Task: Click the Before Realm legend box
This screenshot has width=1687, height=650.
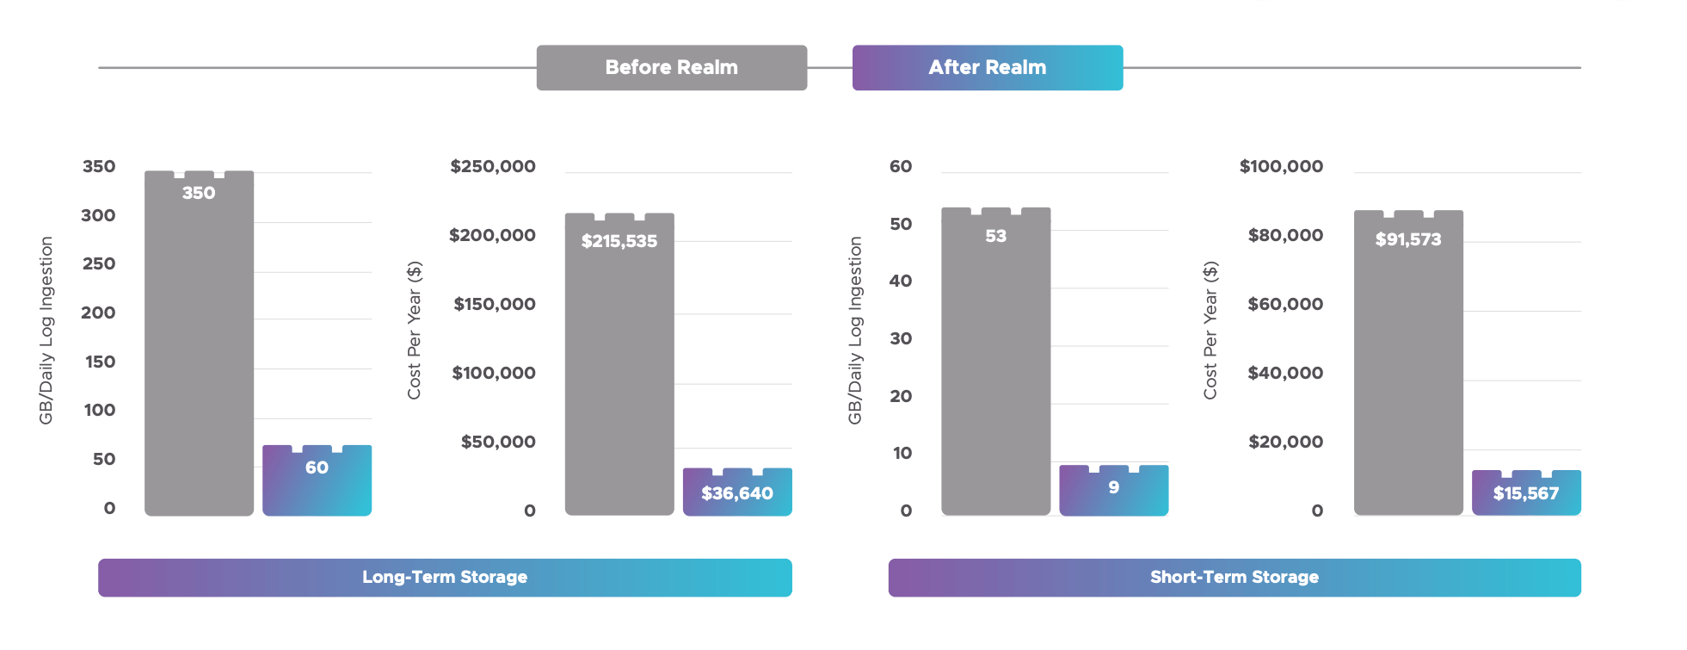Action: [671, 67]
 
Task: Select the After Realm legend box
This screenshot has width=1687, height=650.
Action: [987, 67]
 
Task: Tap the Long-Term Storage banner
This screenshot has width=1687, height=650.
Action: [445, 577]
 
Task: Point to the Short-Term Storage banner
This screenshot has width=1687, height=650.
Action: [1234, 577]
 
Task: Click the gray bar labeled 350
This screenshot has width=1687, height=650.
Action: [199, 344]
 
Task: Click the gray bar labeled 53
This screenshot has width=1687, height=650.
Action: [995, 362]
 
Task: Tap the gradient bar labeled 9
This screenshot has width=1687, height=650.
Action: [1113, 490]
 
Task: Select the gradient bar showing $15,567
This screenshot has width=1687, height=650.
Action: [1526, 492]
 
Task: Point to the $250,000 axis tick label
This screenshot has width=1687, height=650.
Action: [493, 166]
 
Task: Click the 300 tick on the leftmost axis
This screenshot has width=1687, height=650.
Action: [98, 215]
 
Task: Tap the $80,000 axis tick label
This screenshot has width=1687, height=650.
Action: [1285, 235]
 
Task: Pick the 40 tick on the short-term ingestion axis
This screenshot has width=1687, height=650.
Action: [901, 281]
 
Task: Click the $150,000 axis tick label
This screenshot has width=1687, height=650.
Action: [495, 304]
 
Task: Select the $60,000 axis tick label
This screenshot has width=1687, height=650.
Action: [1285, 304]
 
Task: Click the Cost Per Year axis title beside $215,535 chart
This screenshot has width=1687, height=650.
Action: [415, 331]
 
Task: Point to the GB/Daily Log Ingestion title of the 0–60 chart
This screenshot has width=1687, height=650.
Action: [854, 331]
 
